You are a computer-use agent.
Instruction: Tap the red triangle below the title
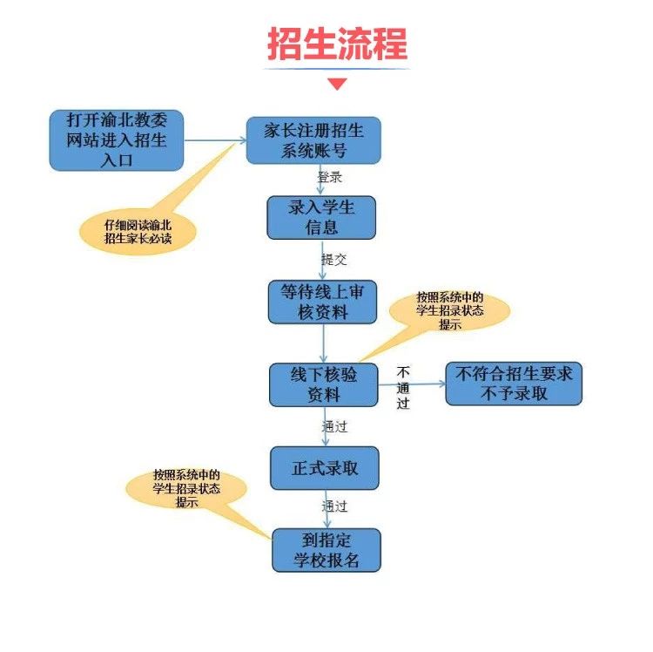point(337,85)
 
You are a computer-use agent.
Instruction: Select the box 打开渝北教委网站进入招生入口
point(117,139)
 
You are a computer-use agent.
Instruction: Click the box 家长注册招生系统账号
point(313,140)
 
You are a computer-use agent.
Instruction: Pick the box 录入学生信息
point(320,218)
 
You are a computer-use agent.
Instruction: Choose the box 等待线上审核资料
point(321,302)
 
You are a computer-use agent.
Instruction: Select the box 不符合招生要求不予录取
point(514,384)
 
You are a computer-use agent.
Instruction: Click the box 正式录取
point(325,469)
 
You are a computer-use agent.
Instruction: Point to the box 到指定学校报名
point(326,550)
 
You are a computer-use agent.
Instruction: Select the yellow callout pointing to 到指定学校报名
point(185,488)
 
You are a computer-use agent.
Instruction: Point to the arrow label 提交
point(333,260)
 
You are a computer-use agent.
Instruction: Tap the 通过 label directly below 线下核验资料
point(335,426)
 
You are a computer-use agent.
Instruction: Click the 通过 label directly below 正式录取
point(335,506)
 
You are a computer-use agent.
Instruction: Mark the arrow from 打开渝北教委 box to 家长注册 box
point(214,139)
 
